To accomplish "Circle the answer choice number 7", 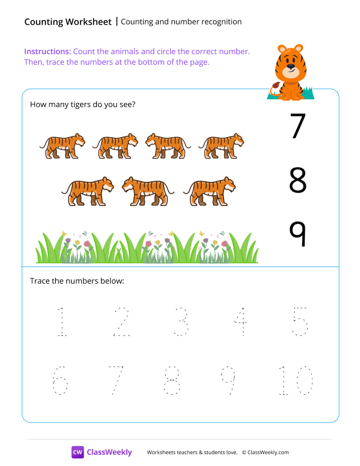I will pos(298,126).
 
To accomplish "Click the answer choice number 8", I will pos(298,181).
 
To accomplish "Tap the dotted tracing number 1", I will pos(61,322).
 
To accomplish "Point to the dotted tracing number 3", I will pos(181,322).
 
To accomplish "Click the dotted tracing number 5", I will pos(300,322).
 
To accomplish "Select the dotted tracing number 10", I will pos(296,381).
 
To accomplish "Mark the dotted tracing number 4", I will pos(240,322).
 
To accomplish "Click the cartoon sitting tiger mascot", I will pos(289,72).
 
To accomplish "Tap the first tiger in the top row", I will pos(62,146).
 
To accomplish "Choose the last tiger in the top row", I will pos(221,146).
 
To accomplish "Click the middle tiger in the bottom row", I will pos(148,191).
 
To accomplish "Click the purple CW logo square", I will pos(78,452).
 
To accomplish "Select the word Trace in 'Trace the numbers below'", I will pos(39,281).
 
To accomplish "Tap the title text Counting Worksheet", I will pos(68,22).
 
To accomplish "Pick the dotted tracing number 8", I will pos(172,381).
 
